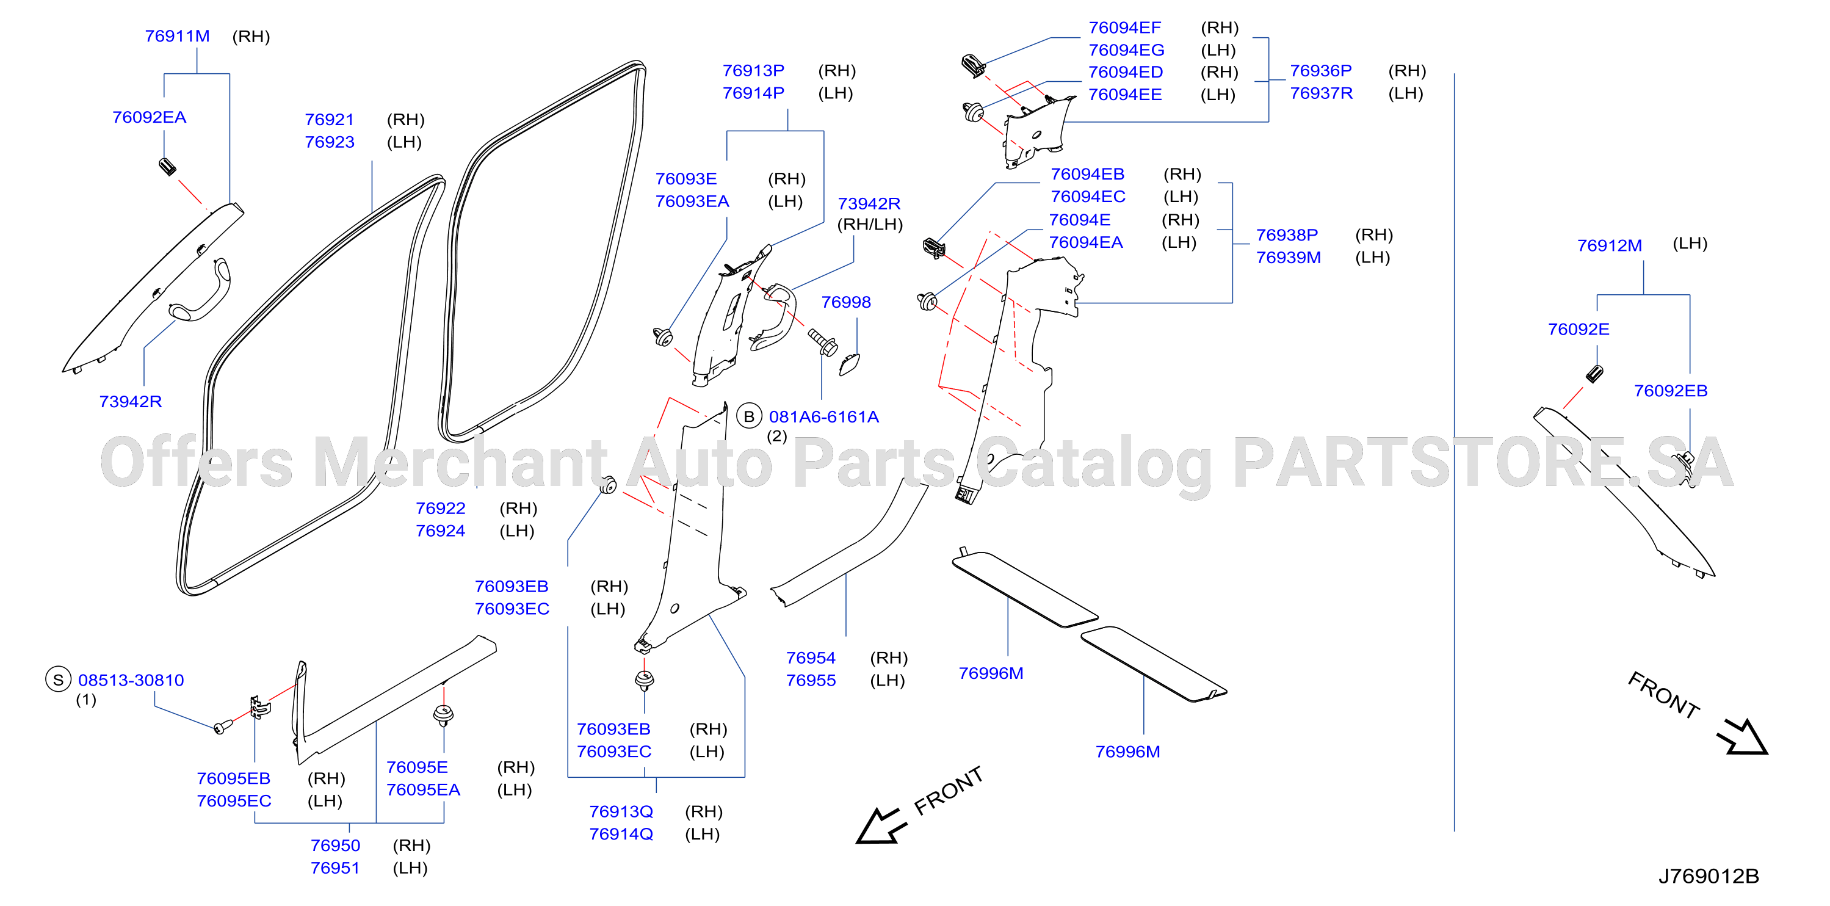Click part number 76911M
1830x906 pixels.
point(177,36)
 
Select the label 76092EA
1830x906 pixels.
point(149,117)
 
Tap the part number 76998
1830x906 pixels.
point(846,302)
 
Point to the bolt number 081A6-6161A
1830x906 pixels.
point(824,416)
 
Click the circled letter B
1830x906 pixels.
point(749,416)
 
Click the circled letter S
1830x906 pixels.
point(58,680)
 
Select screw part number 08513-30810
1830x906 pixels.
point(131,680)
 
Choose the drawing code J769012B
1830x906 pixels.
point(1709,876)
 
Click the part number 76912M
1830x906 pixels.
point(1610,246)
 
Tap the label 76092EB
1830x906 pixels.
point(1671,391)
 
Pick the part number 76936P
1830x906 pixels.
point(1321,71)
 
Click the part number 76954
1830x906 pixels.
point(811,658)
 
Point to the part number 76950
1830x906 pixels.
point(335,846)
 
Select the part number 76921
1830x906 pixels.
point(330,120)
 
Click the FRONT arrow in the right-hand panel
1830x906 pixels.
point(1743,737)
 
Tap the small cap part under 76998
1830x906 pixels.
point(850,364)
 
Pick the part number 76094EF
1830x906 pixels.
point(1124,27)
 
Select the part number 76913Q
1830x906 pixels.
point(621,811)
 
